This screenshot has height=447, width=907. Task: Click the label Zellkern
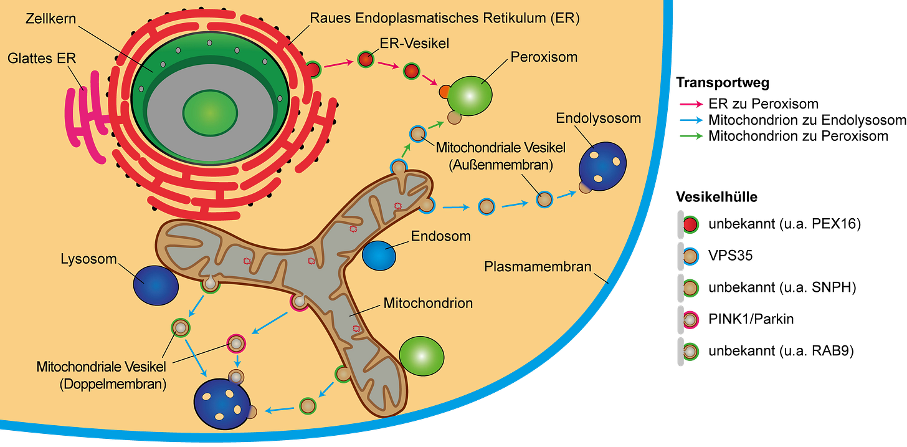pyautogui.click(x=50, y=18)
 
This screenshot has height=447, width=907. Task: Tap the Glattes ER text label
pyautogui.click(x=42, y=59)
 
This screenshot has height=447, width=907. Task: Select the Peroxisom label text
pyautogui.click(x=544, y=57)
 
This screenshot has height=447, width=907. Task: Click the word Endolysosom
pyautogui.click(x=598, y=118)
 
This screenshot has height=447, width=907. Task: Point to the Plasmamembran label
pyautogui.click(x=537, y=267)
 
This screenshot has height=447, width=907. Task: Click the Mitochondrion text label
pyautogui.click(x=428, y=304)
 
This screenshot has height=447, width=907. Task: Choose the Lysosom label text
pyautogui.click(x=89, y=258)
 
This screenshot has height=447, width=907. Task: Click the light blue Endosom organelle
pyautogui.click(x=379, y=256)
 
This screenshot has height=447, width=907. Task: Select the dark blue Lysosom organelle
pyautogui.click(x=156, y=286)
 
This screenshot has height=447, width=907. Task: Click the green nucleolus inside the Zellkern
pyautogui.click(x=210, y=112)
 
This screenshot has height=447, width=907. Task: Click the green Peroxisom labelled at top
pyautogui.click(x=470, y=95)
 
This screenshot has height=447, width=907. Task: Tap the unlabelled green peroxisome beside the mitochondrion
pyautogui.click(x=422, y=357)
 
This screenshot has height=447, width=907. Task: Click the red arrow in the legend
pyautogui.click(x=691, y=103)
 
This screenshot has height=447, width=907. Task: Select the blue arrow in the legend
pyautogui.click(x=691, y=120)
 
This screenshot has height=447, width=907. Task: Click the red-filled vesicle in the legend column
pyautogui.click(x=690, y=224)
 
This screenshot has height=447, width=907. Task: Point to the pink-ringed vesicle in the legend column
pyautogui.click(x=690, y=320)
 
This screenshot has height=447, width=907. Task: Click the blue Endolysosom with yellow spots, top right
pyautogui.click(x=602, y=165)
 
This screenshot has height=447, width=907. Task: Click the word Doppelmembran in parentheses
pyautogui.click(x=113, y=384)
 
